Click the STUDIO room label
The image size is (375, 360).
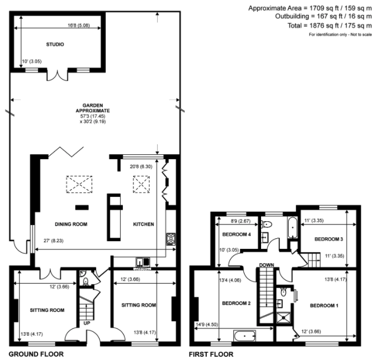point(55,44)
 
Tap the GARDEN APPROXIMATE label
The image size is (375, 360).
point(93,108)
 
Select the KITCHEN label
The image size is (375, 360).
point(143,224)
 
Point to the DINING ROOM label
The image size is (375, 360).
point(71,224)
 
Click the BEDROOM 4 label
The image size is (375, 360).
point(237,234)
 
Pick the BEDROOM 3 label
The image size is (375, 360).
point(329,239)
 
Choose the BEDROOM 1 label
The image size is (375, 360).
point(324,305)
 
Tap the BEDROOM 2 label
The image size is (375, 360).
point(236,303)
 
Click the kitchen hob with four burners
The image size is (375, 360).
point(171,239)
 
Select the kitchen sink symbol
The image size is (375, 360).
point(143,262)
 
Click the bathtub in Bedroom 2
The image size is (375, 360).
point(245,336)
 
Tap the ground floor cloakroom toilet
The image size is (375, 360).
point(86,281)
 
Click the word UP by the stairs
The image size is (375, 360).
point(87,323)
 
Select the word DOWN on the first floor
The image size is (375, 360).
point(267,265)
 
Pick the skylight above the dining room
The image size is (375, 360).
point(79,184)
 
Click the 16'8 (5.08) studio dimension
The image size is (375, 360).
point(79,25)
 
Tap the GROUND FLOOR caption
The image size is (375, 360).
point(36,354)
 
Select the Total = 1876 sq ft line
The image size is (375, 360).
point(330,25)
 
